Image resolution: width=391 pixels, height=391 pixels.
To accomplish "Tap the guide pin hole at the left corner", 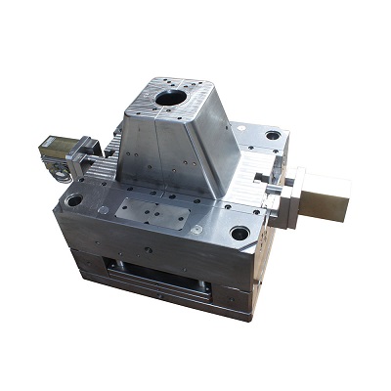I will pos(73,200).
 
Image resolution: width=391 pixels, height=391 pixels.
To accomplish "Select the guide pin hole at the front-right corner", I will pos(239,234).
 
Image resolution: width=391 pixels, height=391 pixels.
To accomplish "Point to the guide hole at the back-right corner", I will pos(273,135).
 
